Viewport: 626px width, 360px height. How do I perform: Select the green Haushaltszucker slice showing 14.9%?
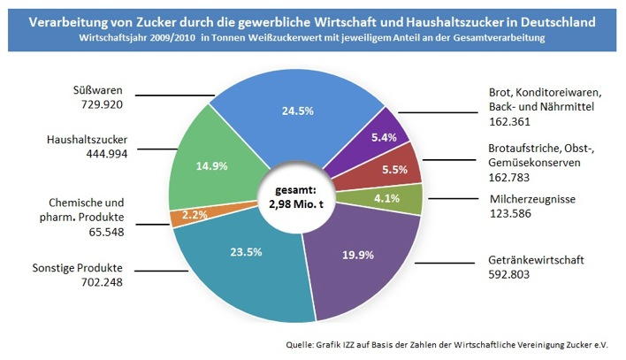coord(205,166)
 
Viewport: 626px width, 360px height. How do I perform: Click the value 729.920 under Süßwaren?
coord(98,104)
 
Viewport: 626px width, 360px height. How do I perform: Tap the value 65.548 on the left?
coord(93,233)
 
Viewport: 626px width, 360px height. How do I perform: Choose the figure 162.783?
coord(510,177)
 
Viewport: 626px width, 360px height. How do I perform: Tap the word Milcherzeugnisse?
coord(532,200)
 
